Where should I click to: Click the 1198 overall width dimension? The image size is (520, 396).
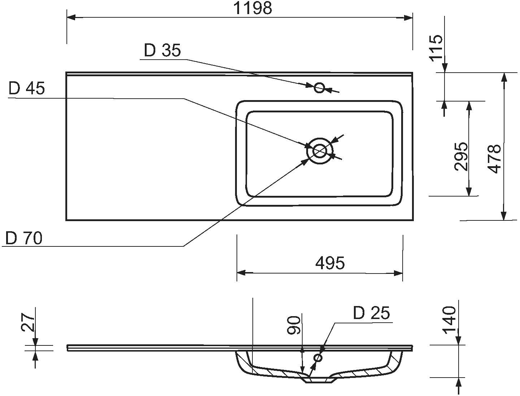[252, 8]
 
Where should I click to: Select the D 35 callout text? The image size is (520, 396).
[162, 51]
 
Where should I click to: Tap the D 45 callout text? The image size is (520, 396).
[27, 89]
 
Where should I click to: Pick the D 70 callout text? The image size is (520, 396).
[24, 238]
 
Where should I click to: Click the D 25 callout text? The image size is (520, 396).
[371, 313]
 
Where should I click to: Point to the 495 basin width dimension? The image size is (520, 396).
[330, 263]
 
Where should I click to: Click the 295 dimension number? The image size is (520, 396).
[461, 156]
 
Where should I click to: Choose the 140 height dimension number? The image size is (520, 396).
[449, 320]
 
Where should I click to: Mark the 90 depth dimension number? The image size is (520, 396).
[294, 325]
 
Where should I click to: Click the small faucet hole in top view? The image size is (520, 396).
[319, 87]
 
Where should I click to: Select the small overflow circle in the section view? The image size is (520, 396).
[318, 358]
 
